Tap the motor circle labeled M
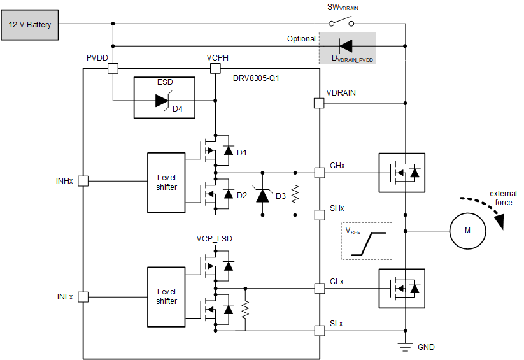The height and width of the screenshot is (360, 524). tap(467, 231)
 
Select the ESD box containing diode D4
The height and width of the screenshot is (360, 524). tap(164, 97)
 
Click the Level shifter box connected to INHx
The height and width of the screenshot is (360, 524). tap(166, 182)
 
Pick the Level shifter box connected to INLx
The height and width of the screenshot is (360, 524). tap(166, 296)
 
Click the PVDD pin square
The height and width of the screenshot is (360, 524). tap(113, 68)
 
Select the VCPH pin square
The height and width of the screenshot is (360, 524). tap(216, 68)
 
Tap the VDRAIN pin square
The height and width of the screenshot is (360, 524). tap(320, 103)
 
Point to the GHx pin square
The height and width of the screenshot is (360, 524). tap(320, 173)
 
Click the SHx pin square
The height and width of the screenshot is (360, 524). tap(320, 215)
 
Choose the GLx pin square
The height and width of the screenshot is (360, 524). tap(320, 287)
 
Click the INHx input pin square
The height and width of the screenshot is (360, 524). tap(83, 181)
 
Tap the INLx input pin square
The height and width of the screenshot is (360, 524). tap(83, 296)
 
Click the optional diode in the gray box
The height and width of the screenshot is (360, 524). tap(346, 46)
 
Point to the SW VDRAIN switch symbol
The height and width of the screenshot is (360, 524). tap(341, 23)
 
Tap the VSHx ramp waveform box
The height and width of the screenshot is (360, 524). tap(367, 241)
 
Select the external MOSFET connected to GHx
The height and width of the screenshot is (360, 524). tap(401, 173)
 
